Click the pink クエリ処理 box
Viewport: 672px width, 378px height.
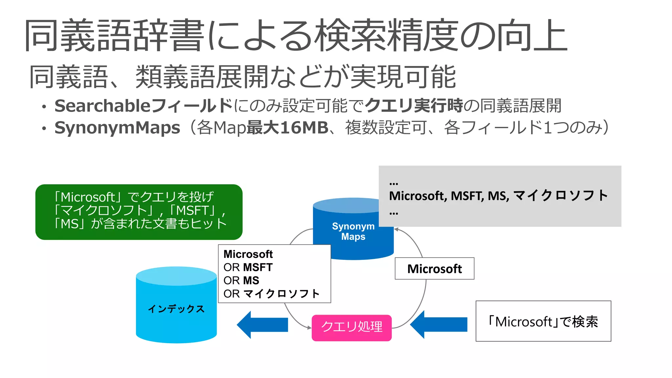(351, 327)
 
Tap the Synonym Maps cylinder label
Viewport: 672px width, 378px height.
(353, 231)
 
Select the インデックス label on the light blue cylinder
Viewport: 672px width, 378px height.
(176, 308)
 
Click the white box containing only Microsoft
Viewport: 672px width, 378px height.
(434, 269)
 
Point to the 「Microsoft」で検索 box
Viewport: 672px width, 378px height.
(543, 321)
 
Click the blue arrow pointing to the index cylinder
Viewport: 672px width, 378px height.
(262, 325)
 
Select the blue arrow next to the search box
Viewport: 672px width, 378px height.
(439, 324)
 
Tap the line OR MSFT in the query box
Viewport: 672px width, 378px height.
(248, 267)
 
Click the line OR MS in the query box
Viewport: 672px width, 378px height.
(241, 281)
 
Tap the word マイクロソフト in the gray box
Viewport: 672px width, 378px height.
(560, 196)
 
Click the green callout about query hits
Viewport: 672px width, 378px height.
(139, 212)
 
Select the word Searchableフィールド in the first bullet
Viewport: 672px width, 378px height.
(143, 106)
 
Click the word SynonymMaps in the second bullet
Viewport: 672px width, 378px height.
(117, 128)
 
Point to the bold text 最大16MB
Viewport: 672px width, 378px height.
(287, 128)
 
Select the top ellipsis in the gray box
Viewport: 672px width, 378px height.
(393, 183)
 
